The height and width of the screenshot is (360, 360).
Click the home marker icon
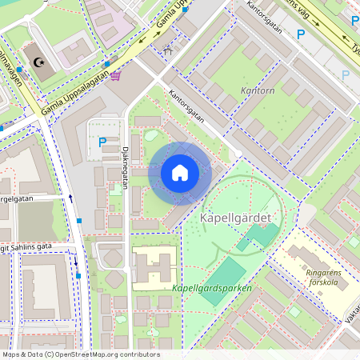[180, 173]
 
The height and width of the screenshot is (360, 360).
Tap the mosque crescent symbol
[37, 62]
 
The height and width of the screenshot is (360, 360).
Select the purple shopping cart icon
[117, 76]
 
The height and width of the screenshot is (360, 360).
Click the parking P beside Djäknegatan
[102, 142]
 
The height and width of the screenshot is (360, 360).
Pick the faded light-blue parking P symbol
[346, 75]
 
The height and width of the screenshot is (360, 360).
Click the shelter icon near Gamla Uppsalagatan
[167, 50]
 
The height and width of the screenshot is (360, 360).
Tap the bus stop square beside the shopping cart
[106, 64]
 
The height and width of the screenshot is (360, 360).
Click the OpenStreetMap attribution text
[80, 354]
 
